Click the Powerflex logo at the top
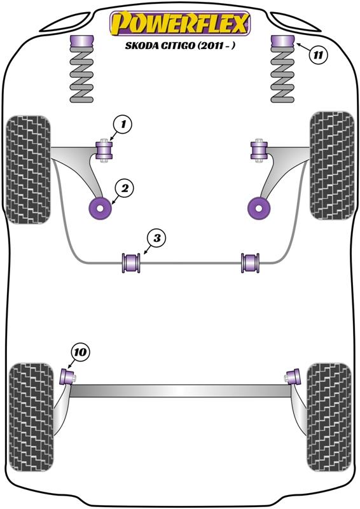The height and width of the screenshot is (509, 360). [x=180, y=24]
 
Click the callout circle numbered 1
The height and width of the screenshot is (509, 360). [x=123, y=124]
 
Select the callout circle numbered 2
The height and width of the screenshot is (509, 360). [x=125, y=188]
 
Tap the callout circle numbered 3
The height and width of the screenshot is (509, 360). [x=157, y=238]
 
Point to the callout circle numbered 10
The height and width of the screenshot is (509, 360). [x=80, y=352]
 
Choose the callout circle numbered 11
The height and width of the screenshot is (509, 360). [x=318, y=55]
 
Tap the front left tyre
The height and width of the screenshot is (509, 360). [x=28, y=169]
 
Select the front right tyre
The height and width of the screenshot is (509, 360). [x=332, y=166]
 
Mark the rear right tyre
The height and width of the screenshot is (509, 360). [x=329, y=417]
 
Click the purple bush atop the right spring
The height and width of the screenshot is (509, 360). [x=282, y=40]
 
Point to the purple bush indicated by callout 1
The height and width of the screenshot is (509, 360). [x=104, y=150]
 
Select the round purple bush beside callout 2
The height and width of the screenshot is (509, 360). [x=100, y=208]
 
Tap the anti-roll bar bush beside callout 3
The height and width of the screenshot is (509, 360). [x=131, y=263]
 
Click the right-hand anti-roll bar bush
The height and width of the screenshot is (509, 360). [x=250, y=263]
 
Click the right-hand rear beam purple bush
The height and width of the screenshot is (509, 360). [x=294, y=377]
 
